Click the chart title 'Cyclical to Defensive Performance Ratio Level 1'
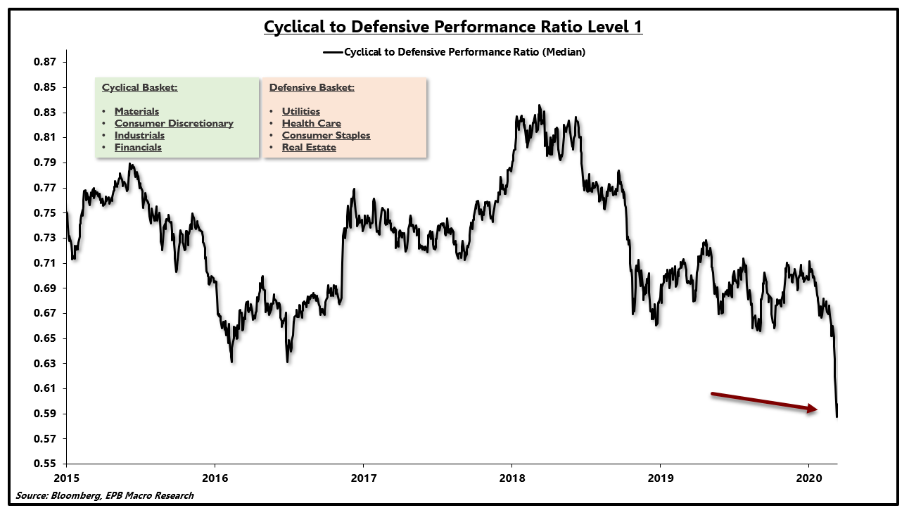coord(453,27)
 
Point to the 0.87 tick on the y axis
coord(46,63)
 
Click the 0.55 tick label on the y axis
coord(46,464)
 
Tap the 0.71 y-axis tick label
coord(46,263)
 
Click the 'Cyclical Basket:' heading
coord(139,88)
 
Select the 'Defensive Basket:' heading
coord(312,88)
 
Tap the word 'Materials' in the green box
coord(136,111)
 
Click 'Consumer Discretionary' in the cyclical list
coord(174,123)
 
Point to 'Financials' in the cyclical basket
coord(138,147)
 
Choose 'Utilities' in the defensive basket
coord(301,111)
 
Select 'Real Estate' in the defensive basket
coord(309,147)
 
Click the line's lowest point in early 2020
coord(837,417)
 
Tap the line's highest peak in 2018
coord(540,106)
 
